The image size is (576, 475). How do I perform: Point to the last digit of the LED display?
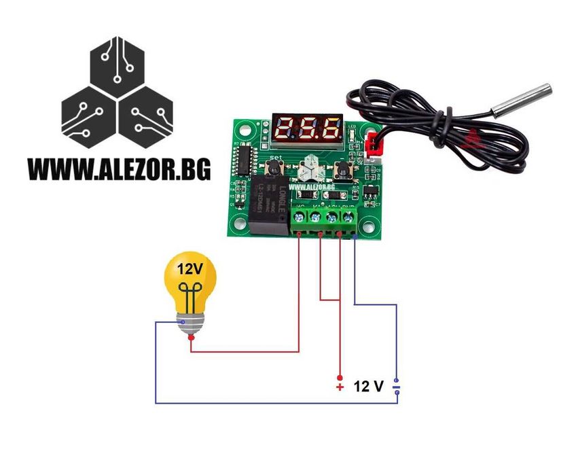coord(331,126)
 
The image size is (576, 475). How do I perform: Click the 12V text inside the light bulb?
coord(190,268)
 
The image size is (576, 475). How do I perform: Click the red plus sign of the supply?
coord(340,387)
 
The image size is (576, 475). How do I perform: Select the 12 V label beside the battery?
coord(368,387)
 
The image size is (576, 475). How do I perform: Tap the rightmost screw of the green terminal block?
coord(348,217)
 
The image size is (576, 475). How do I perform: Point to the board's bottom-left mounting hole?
coord(236,230)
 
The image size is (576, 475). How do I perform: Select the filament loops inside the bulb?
coord(191,294)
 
